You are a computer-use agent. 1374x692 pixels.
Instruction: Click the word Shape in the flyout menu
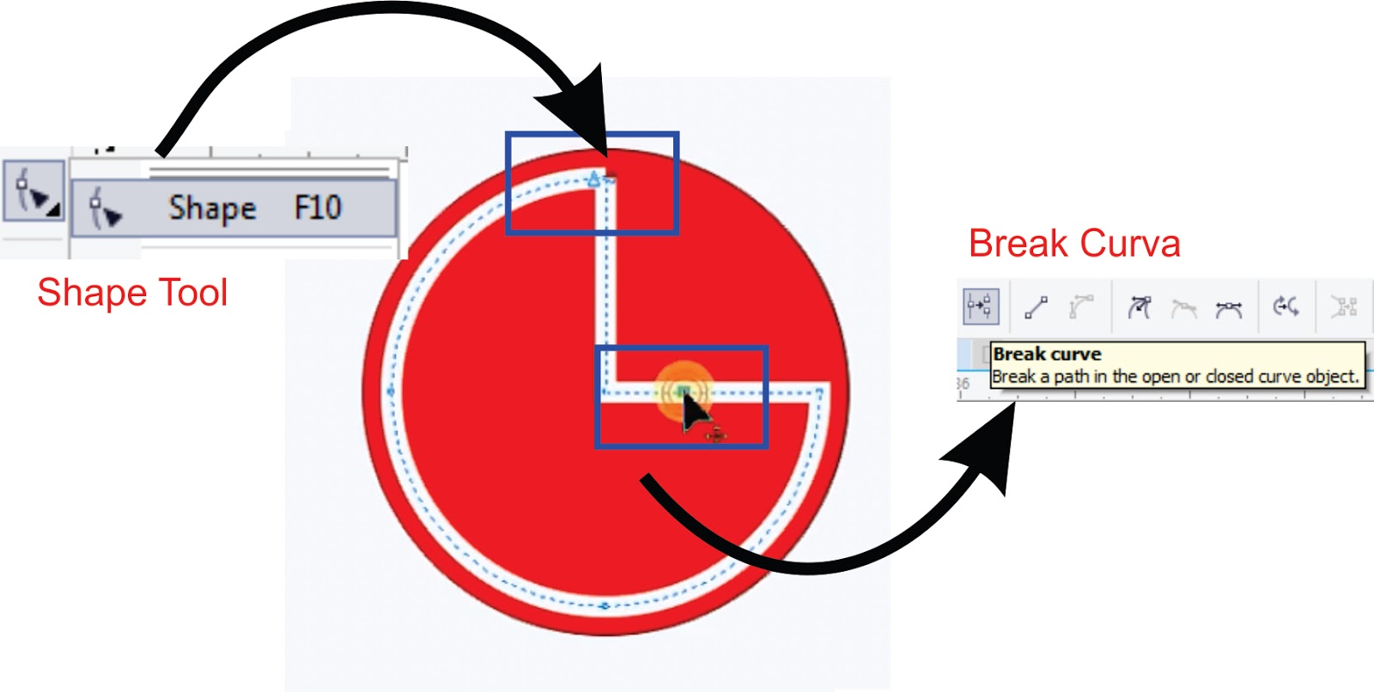pyautogui.click(x=212, y=208)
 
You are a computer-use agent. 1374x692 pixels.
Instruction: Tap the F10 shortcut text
pyautogui.click(x=318, y=207)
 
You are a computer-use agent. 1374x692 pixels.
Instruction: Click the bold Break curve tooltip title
pyautogui.click(x=1047, y=354)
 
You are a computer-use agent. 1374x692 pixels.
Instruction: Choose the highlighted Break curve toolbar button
pyautogui.click(x=980, y=307)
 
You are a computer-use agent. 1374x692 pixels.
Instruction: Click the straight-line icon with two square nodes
pyautogui.click(x=1037, y=307)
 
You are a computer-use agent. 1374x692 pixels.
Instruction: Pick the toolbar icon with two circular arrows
pyautogui.click(x=1286, y=307)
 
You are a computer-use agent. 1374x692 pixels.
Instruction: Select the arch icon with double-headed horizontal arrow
pyautogui.click(x=1229, y=308)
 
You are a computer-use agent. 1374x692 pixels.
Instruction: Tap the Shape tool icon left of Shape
pyautogui.click(x=106, y=209)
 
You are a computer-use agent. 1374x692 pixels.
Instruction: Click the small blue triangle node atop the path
pyautogui.click(x=593, y=179)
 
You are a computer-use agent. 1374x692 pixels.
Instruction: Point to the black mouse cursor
pyautogui.click(x=694, y=414)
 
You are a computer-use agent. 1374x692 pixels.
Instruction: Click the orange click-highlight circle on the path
pyautogui.click(x=683, y=392)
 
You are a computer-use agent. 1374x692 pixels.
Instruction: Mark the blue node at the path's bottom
pyautogui.click(x=605, y=605)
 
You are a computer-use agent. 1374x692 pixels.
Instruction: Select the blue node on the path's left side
pyautogui.click(x=392, y=392)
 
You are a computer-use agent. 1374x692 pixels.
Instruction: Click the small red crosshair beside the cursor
pyautogui.click(x=715, y=435)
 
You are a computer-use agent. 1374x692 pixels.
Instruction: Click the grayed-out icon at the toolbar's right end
pyautogui.click(x=1343, y=307)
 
